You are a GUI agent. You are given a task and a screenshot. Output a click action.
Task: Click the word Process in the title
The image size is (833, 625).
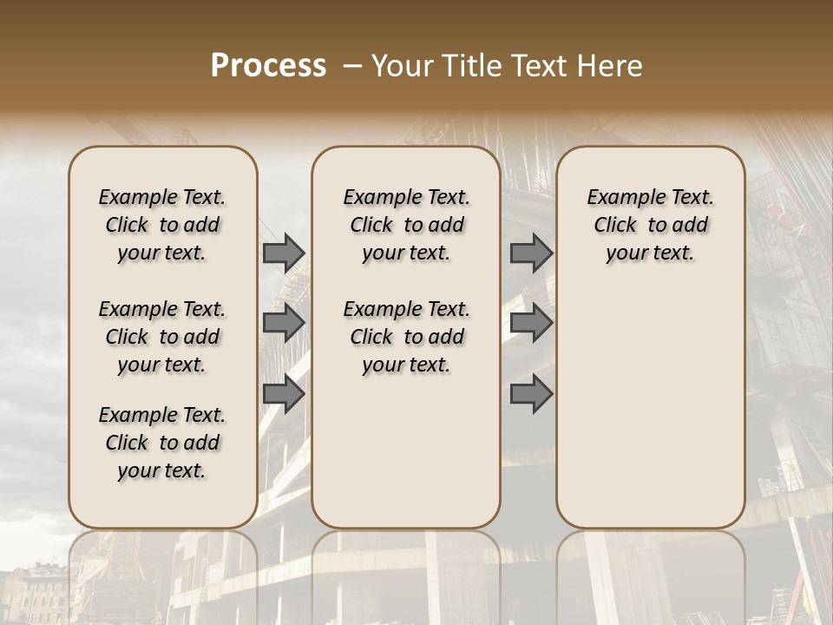(x=268, y=66)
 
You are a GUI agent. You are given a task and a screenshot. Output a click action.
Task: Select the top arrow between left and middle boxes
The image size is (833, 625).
(x=284, y=253)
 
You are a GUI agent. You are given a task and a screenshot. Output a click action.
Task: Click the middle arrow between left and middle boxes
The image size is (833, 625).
(x=284, y=324)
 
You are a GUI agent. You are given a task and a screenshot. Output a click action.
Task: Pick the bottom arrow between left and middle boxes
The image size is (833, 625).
(x=284, y=395)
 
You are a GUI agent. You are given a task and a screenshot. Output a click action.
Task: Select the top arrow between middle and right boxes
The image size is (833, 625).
(x=531, y=253)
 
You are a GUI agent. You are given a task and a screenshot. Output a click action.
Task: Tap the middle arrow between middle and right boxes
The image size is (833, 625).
(x=531, y=324)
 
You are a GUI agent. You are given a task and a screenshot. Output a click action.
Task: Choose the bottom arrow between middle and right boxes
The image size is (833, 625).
(x=531, y=395)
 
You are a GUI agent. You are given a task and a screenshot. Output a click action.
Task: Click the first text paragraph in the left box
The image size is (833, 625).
(x=162, y=225)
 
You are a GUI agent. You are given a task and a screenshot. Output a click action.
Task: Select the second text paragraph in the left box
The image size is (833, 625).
(x=162, y=337)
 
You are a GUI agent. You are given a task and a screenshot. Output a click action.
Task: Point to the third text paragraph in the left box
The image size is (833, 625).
(x=162, y=443)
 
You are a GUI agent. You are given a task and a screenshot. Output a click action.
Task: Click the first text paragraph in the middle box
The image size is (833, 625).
(x=406, y=225)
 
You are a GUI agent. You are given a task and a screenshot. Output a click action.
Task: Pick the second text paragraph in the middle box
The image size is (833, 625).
(x=406, y=337)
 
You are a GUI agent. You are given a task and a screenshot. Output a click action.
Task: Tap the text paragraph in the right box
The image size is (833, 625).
(x=650, y=225)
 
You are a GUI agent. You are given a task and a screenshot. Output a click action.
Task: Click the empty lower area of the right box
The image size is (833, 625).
(x=650, y=408)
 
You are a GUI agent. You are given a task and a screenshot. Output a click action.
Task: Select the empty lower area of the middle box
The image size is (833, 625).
(x=406, y=451)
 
